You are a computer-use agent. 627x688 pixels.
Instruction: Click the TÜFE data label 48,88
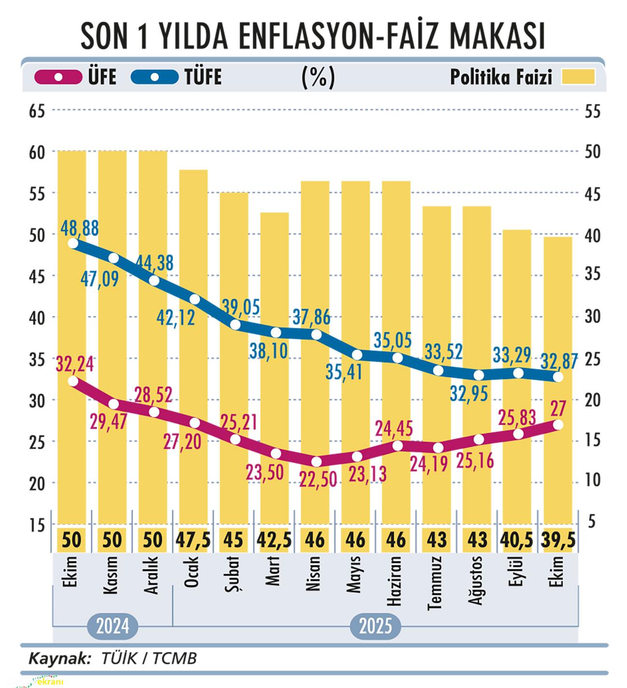click(80, 228)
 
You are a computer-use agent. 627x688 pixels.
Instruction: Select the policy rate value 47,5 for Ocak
click(193, 539)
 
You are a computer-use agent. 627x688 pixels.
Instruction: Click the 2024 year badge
click(112, 627)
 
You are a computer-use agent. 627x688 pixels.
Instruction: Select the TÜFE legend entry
click(176, 77)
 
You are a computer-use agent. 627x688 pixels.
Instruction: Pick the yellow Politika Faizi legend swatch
click(578, 77)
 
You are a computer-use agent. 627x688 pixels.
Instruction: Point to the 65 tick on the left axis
click(37, 111)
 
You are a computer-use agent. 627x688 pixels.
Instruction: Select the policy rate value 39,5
click(558, 539)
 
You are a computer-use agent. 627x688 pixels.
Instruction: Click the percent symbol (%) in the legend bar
click(318, 77)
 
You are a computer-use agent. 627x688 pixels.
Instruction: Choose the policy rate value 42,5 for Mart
click(274, 539)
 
